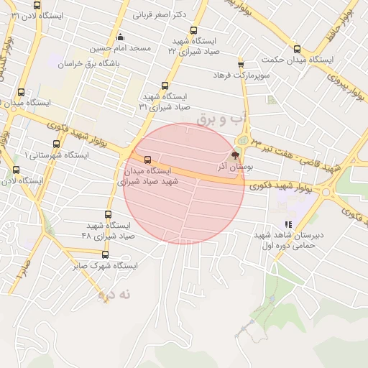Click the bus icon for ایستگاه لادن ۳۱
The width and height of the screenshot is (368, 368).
click(37, 5)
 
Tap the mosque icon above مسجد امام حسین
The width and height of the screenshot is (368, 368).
click(119, 37)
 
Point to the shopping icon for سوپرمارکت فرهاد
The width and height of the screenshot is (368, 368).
click(241, 64)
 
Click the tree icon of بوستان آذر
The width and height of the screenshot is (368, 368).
click(234, 155)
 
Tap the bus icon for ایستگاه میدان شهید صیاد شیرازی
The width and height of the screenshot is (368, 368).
click(147, 160)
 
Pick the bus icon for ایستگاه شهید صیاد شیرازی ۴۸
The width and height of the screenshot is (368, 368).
click(109, 214)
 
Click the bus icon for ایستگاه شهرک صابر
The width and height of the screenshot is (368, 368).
click(105, 254)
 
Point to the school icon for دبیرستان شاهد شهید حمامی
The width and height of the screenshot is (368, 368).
click(288, 224)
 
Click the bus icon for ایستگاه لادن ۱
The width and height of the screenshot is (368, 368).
click(17, 170)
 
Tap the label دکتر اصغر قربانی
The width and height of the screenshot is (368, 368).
click(160, 14)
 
